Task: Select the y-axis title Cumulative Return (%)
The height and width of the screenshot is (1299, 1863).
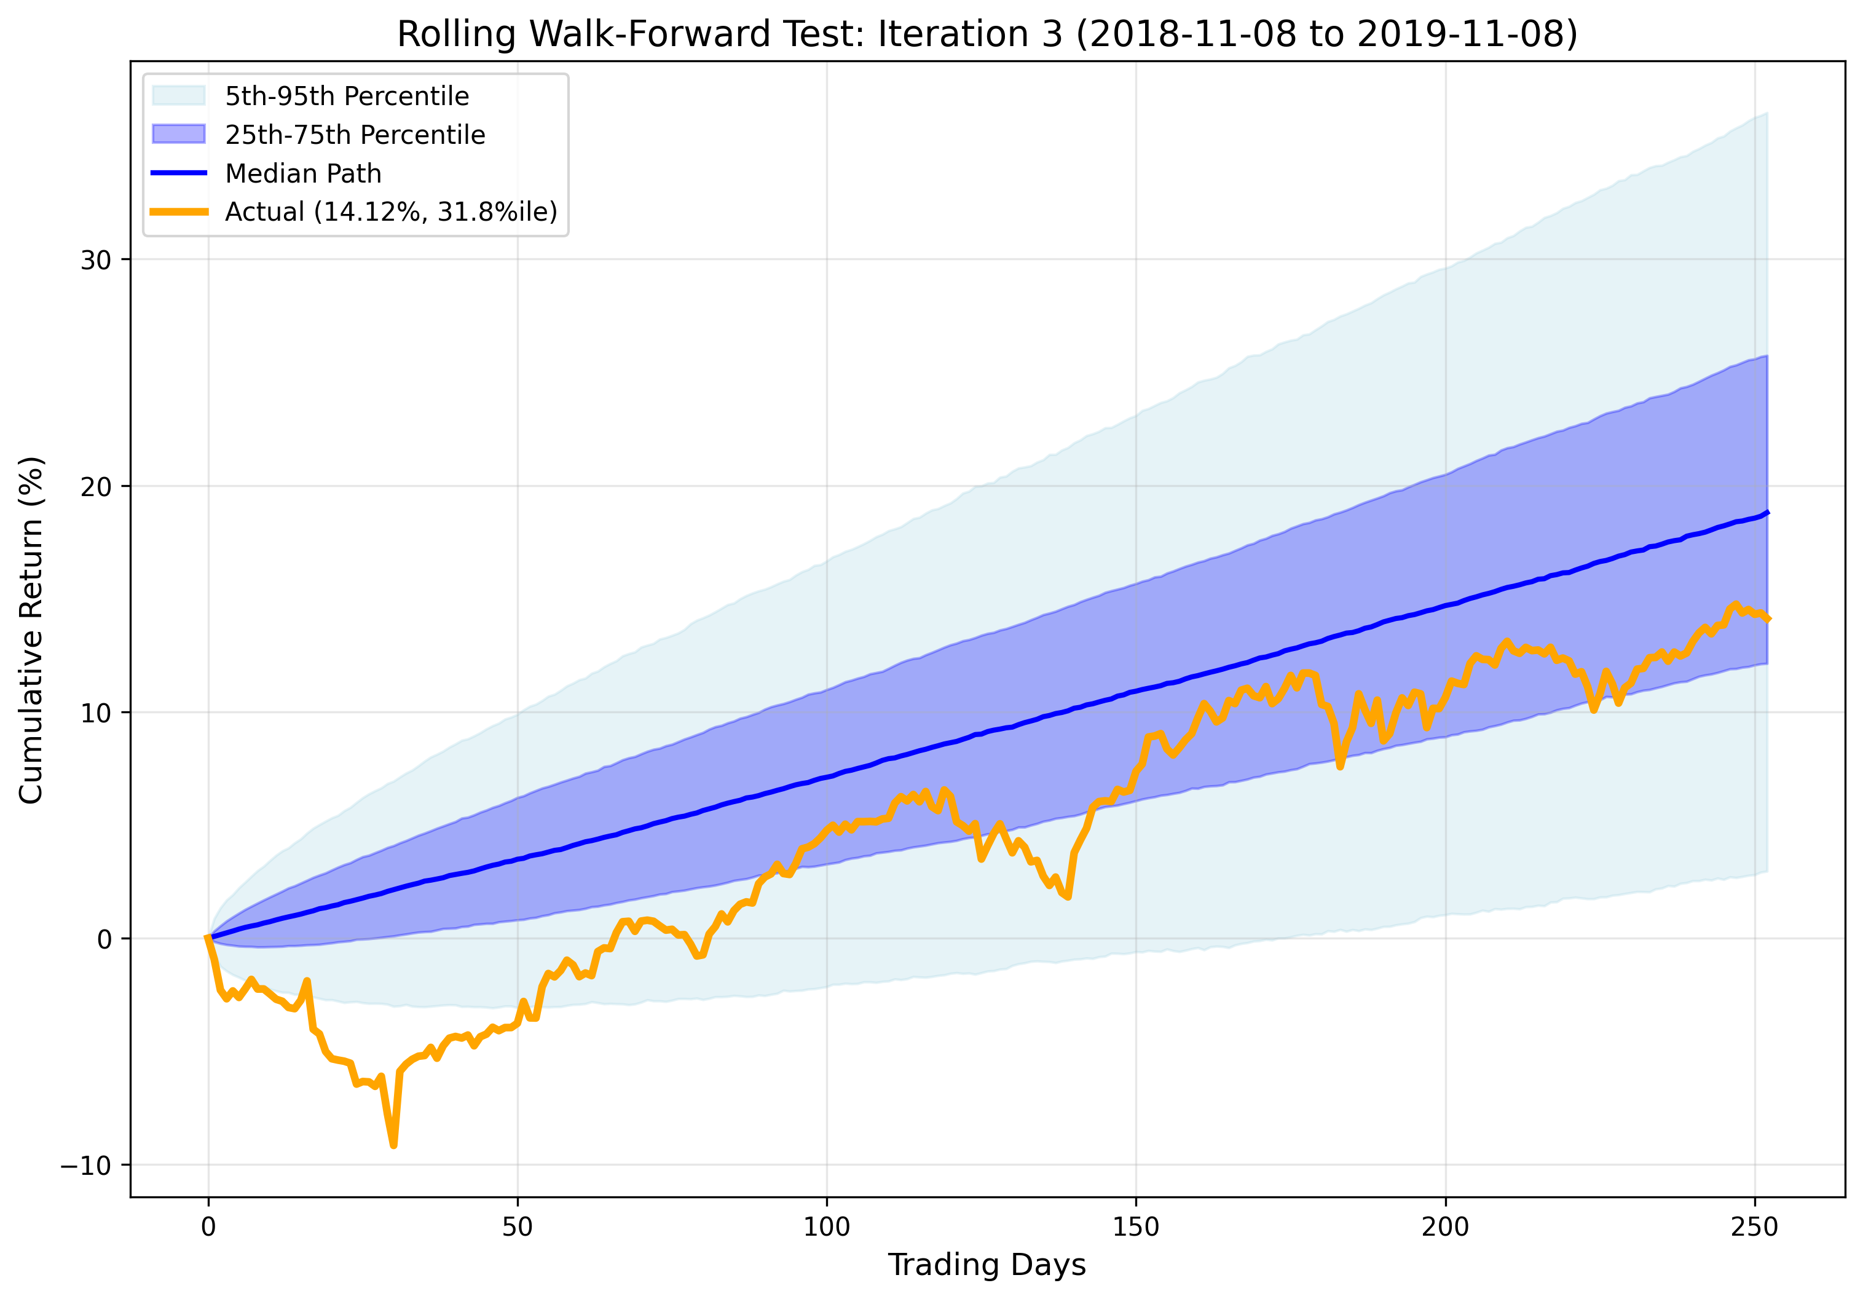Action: point(31,630)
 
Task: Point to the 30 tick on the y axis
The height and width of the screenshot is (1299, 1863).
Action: point(96,261)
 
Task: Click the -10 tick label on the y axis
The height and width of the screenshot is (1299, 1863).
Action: point(85,1166)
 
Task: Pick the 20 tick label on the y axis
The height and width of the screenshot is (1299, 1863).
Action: point(96,487)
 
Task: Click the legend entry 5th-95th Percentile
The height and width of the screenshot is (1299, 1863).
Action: point(347,97)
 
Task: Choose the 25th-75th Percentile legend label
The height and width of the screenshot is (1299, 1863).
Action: point(355,135)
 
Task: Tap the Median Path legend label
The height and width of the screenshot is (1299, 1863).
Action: point(302,173)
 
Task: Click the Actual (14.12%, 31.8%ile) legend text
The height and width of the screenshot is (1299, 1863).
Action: point(391,211)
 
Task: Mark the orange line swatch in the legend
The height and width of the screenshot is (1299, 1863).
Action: point(179,211)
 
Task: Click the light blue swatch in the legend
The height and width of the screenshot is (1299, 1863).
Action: point(179,96)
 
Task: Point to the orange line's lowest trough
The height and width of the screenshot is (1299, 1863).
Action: point(393,1145)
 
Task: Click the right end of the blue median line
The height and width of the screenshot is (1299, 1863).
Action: point(1767,513)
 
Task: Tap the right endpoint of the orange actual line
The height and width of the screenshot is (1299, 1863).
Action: point(1767,619)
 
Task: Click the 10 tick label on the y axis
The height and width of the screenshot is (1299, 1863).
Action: point(96,713)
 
